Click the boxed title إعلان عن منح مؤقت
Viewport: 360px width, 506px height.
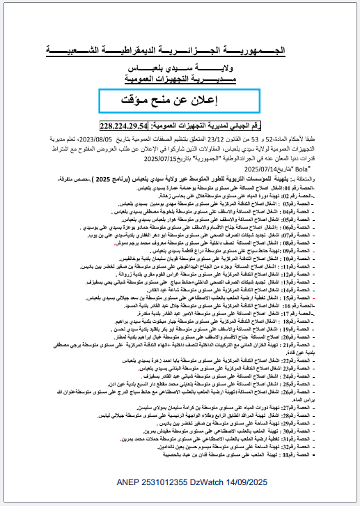180,100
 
